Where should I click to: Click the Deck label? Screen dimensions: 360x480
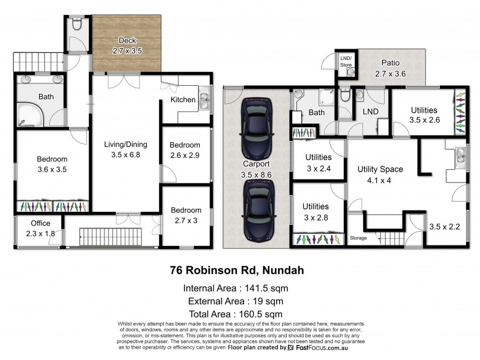point(127,41)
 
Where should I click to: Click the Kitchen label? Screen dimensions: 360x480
point(183,100)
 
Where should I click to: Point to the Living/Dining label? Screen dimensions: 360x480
point(125,144)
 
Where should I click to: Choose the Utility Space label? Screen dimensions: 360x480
point(380,169)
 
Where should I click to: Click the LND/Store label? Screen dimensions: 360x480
point(346,61)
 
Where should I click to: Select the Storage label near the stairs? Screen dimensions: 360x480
point(358,238)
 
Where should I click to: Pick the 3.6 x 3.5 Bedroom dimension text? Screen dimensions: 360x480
point(52,170)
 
